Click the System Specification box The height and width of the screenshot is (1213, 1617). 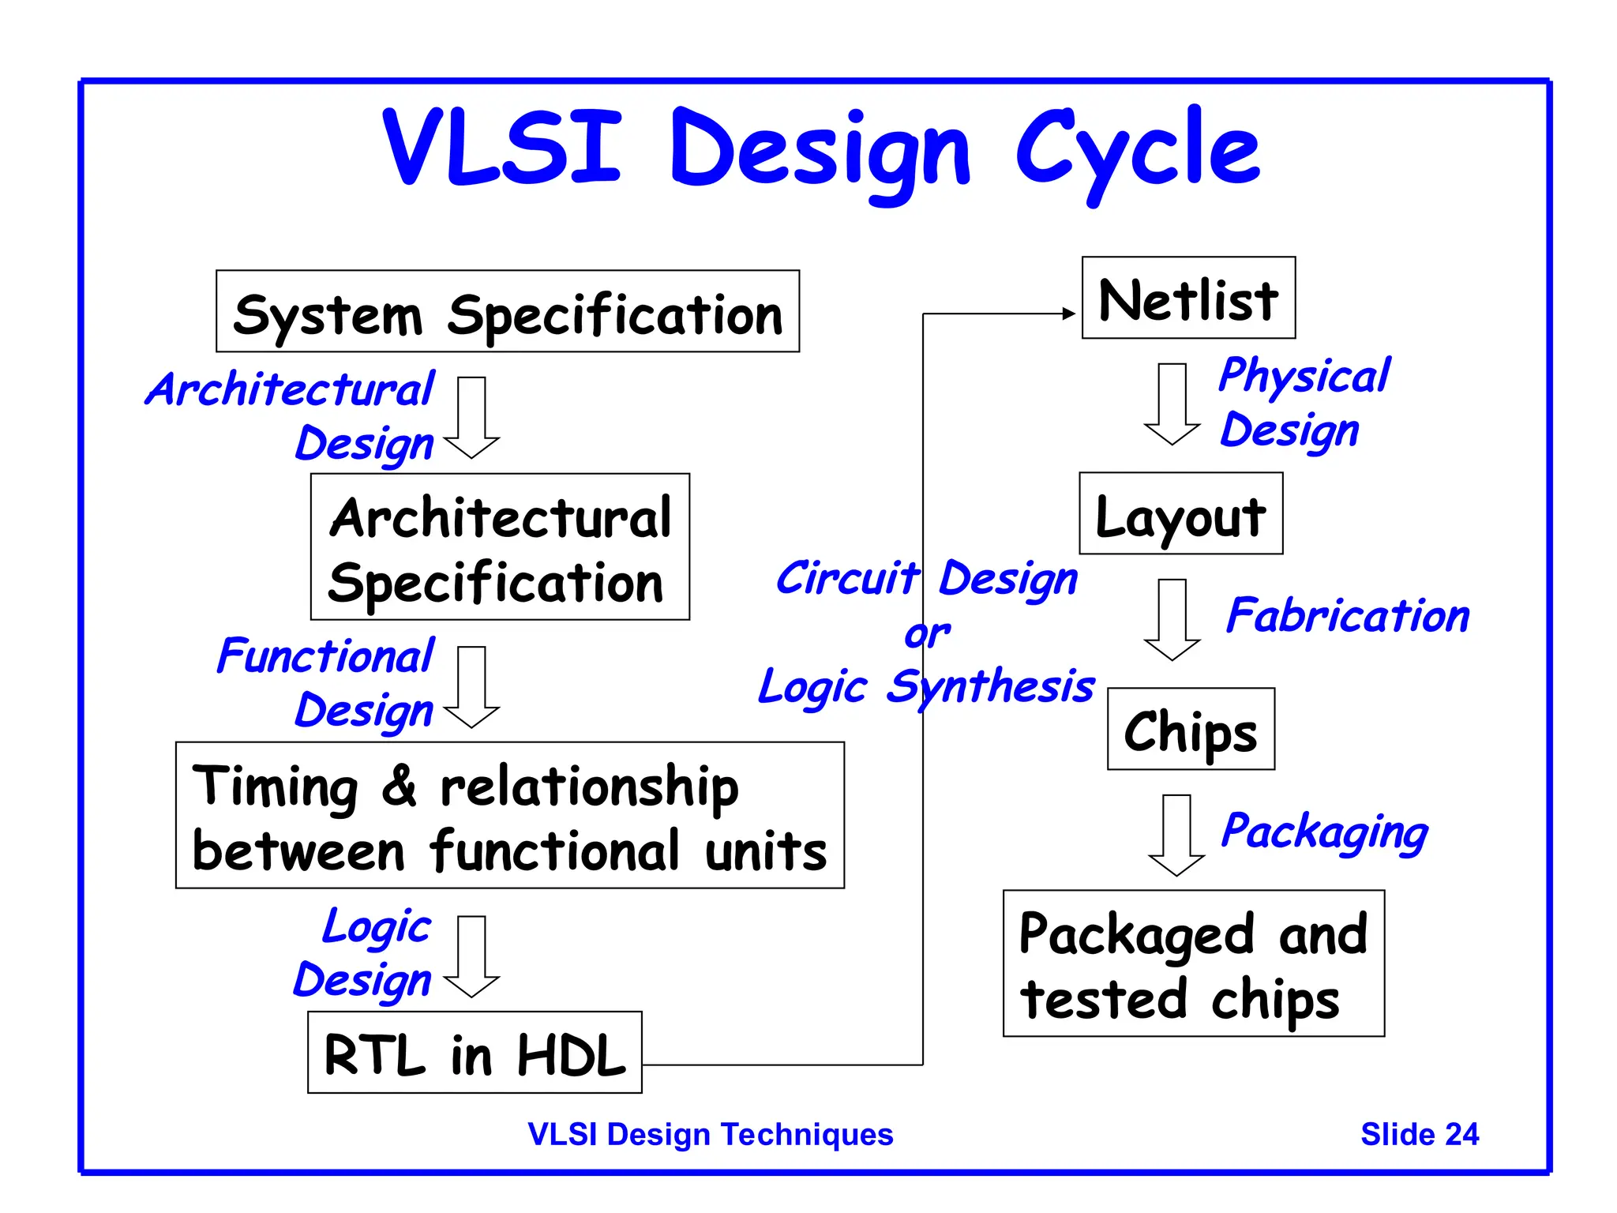point(507,312)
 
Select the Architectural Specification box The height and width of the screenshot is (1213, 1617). point(500,547)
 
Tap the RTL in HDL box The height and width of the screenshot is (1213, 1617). point(475,1053)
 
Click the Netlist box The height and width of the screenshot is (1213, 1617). point(1188,299)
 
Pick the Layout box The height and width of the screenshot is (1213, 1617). point(1180,514)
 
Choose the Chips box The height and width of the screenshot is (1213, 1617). point(1191,729)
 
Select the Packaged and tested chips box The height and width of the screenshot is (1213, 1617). point(1193,963)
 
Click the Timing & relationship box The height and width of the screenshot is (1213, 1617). point(509,816)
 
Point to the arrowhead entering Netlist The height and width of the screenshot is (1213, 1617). point(1070,314)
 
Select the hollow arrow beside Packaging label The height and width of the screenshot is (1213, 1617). point(1176,836)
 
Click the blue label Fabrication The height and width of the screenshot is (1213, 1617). point(1348,616)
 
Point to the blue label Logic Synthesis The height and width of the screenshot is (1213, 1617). point(925,686)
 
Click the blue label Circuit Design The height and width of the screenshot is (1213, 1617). point(926,579)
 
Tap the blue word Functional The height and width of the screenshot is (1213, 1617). point(325,656)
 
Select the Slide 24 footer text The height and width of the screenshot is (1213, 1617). point(1419,1134)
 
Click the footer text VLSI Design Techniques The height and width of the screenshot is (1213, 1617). point(710,1134)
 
